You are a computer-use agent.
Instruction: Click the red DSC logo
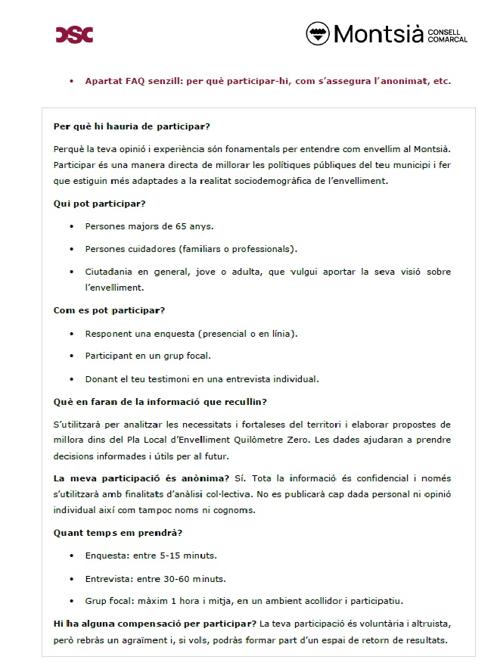(x=74, y=34)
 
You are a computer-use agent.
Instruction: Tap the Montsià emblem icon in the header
(x=318, y=33)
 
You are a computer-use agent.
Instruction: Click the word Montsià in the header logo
(x=377, y=34)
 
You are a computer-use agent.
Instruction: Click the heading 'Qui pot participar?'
(x=99, y=204)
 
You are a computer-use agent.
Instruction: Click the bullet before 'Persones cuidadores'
(x=71, y=249)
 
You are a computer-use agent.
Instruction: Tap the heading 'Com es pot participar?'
(x=109, y=310)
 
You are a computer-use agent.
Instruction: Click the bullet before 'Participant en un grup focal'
(x=71, y=356)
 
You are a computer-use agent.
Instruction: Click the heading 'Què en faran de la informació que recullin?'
(x=159, y=402)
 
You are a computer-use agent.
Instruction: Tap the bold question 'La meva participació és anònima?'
(x=141, y=479)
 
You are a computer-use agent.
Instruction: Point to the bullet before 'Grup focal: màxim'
(x=71, y=602)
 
